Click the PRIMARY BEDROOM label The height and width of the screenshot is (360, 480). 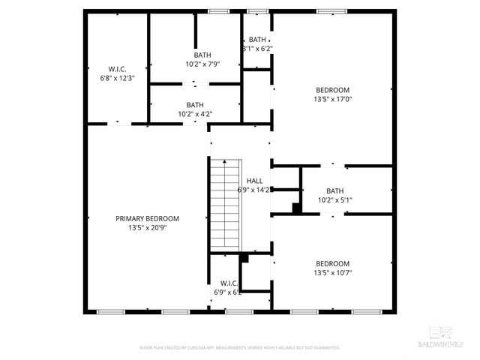coord(147,218)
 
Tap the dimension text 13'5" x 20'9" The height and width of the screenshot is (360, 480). coord(147,228)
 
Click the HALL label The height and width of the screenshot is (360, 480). coord(255,181)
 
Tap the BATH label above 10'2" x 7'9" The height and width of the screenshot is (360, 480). coord(202,55)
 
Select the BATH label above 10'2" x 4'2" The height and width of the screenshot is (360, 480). coord(195,105)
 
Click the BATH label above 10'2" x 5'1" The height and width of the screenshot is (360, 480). coord(334,190)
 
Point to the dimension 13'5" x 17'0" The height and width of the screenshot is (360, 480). coord(332,99)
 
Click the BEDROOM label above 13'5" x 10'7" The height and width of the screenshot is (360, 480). coord(332,263)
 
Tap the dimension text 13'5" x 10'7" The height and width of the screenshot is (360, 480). coord(332,273)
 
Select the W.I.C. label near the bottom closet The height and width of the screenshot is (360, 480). coord(229,283)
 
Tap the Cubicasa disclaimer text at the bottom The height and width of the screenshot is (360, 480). coord(240,348)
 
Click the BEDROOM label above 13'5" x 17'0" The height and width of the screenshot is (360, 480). coord(332,89)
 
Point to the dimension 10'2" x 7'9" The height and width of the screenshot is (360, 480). coord(202,64)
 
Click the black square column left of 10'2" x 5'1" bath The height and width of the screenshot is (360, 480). coord(297,208)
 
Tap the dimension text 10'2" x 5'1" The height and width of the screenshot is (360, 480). coord(334,200)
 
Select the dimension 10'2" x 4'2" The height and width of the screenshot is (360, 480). coord(195,115)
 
